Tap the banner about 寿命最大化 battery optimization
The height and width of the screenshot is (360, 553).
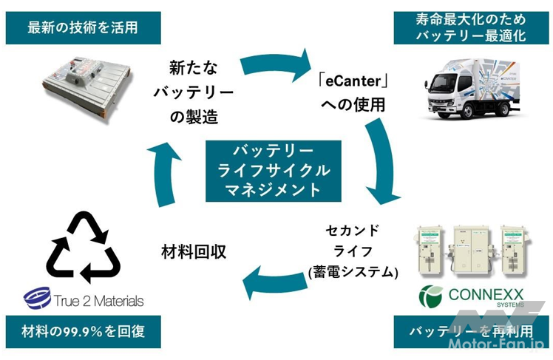click(471, 28)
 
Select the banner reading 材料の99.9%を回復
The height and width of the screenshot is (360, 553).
click(81, 332)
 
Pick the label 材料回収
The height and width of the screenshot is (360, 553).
click(194, 251)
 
